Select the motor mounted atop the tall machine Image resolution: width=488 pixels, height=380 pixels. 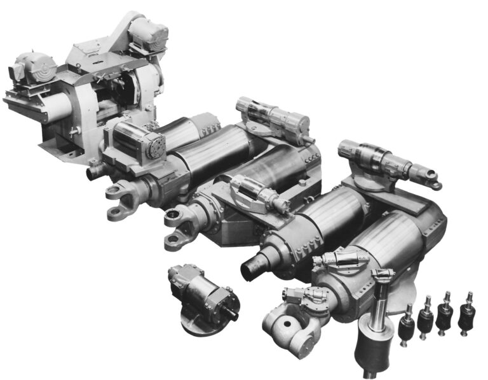pyautogui.click(x=147, y=32)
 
